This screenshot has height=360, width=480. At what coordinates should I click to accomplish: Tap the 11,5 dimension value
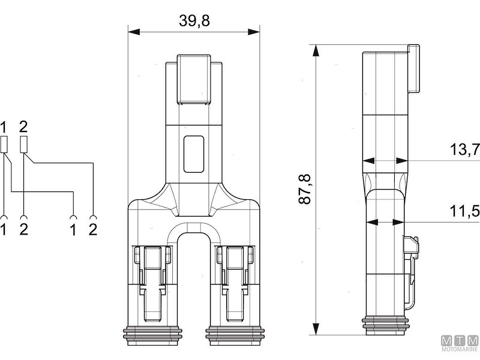coord(464,212)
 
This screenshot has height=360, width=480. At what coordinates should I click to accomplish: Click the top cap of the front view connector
coord(193,78)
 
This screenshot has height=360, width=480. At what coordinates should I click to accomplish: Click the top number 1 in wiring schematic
coord(5,127)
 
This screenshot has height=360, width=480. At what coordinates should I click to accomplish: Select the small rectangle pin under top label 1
coord(5,144)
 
